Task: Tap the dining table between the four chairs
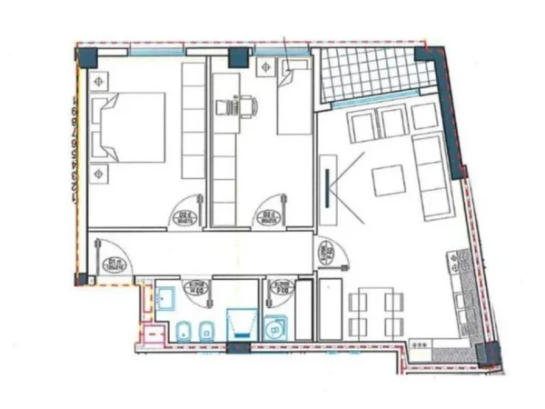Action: pos(375,312)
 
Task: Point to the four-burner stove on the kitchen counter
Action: pos(421,344)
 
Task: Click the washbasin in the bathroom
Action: pos(166,297)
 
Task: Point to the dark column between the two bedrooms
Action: pos(238,58)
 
